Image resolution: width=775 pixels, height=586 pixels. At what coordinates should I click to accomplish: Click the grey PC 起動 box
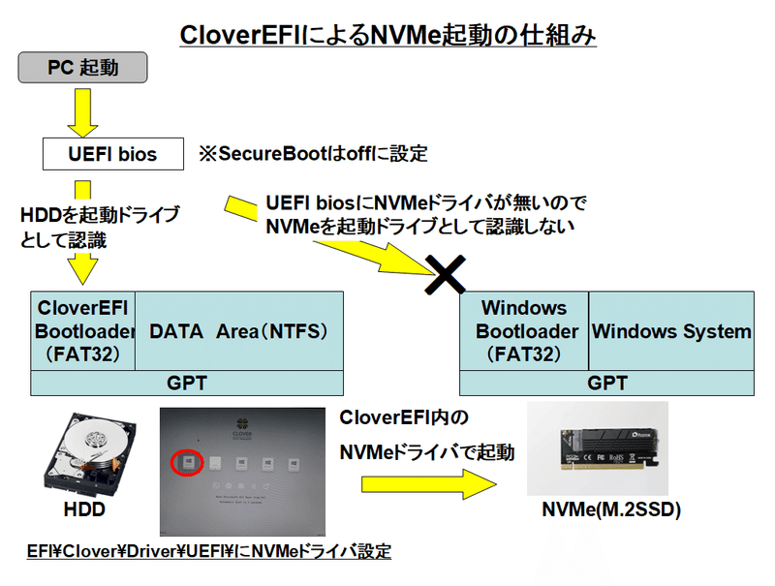tap(83, 69)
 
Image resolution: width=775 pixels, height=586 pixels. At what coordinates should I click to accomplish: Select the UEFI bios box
tap(113, 153)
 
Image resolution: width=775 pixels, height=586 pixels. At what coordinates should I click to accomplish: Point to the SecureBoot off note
tap(312, 153)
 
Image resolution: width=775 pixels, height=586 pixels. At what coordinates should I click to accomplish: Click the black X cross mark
tap(446, 274)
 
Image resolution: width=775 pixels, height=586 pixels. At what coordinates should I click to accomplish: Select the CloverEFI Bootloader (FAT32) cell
tap(83, 331)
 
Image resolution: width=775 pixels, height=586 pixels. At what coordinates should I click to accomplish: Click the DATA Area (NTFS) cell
tap(238, 331)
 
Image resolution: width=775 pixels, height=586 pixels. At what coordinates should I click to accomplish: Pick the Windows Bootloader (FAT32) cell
tap(524, 331)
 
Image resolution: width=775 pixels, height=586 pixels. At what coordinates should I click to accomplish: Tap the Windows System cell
tap(671, 331)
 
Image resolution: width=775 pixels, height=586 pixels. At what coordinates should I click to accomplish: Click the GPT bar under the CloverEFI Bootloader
tap(186, 383)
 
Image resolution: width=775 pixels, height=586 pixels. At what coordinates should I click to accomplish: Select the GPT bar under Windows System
tap(607, 383)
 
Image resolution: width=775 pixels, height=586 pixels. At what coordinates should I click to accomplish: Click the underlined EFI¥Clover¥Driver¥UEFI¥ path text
tap(208, 551)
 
